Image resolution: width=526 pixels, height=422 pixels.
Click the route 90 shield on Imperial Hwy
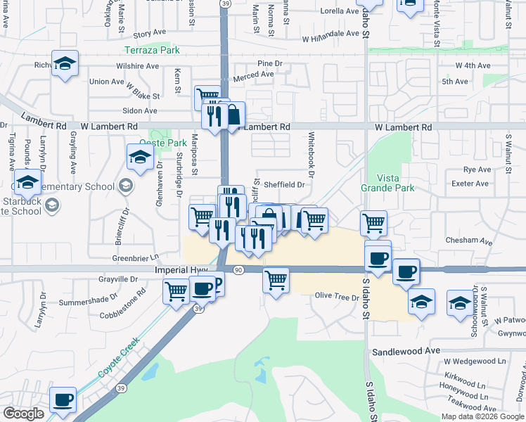click(238, 270)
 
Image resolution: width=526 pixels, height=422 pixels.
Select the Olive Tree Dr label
click(337, 295)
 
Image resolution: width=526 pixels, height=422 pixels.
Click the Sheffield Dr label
click(285, 185)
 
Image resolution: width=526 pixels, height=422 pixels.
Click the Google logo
click(23, 414)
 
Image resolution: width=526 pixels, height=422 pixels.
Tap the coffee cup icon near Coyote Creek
click(63, 399)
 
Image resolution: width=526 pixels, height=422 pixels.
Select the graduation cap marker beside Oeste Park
click(140, 156)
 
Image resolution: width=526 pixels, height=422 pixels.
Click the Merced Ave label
click(253, 75)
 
